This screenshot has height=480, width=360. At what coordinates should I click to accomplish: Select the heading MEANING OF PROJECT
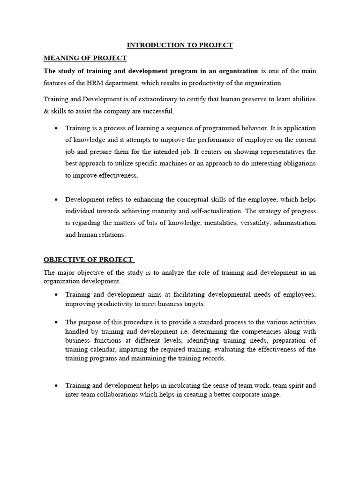pyautogui.click(x=85, y=58)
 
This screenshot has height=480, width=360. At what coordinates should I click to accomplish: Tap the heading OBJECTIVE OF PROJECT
pyautogui.click(x=89, y=260)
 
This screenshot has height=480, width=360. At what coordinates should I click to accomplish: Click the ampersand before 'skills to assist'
pyautogui.click(x=46, y=111)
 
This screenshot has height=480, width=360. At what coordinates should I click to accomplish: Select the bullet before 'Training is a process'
pyautogui.click(x=56, y=128)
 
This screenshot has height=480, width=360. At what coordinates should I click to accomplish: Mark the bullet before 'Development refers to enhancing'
pyautogui.click(x=56, y=200)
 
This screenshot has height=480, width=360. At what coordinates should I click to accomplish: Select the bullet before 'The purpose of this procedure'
pyautogui.click(x=56, y=322)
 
